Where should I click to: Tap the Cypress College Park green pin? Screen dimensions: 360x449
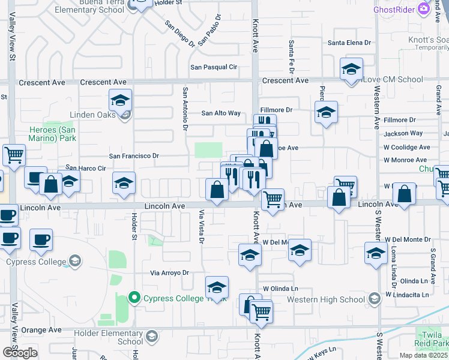coord(134,298)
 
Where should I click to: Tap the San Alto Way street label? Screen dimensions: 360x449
coord(221,113)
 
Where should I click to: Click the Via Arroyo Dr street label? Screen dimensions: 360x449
coord(169,273)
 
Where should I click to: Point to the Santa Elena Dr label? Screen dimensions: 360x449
coord(350,43)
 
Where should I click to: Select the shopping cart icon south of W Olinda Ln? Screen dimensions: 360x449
coord(261,312)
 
